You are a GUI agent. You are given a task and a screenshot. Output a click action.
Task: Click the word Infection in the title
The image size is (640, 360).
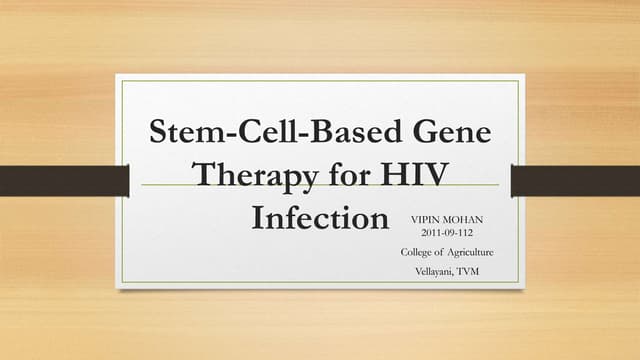tap(319, 217)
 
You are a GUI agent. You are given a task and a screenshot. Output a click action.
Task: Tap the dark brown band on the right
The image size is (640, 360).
tap(575, 180)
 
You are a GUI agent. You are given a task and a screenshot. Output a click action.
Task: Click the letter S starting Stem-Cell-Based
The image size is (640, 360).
tap(158, 133)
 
